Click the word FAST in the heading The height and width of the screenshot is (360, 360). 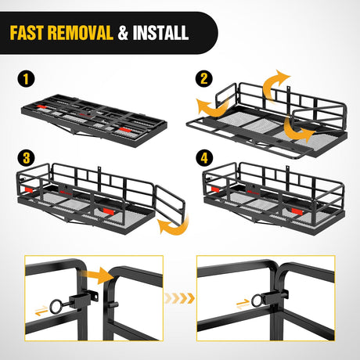click(x=26, y=33)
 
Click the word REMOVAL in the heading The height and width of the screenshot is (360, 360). click(x=81, y=33)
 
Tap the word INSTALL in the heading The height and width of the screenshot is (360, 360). click(x=160, y=33)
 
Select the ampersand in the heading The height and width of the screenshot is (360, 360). click(x=123, y=33)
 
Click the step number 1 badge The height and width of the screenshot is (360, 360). click(x=26, y=79)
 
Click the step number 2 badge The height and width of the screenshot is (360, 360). click(x=204, y=78)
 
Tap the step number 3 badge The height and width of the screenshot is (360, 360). click(x=26, y=158)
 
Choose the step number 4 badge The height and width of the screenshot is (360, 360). click(x=204, y=158)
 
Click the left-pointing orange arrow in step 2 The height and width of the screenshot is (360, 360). click(x=213, y=107)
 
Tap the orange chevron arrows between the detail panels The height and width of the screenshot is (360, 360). click(x=179, y=298)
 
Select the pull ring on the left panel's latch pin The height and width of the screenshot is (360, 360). click(x=56, y=307)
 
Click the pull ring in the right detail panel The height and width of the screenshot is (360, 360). click(x=257, y=301)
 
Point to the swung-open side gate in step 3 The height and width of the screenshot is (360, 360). click(x=170, y=205)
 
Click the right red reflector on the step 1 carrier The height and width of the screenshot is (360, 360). click(x=124, y=130)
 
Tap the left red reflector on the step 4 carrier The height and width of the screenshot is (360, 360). click(x=215, y=189)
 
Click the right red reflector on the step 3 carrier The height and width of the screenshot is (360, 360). click(x=109, y=211)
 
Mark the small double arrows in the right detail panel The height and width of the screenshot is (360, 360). click(x=243, y=304)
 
